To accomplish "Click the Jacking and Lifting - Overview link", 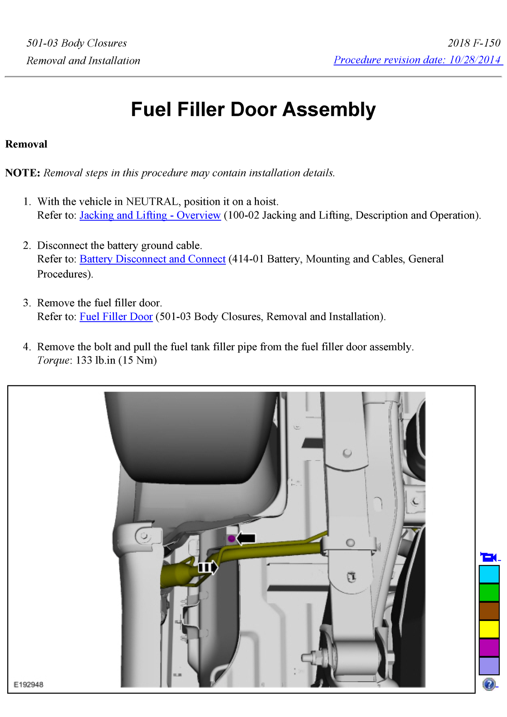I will tap(150, 215).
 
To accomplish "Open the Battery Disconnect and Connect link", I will tap(152, 259).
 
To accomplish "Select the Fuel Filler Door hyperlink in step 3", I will tap(116, 317).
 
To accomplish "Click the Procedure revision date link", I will tap(418, 60).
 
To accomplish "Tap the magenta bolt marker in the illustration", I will tap(231, 538).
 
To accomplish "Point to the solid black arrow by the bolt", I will tap(246, 538).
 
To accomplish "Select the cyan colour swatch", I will tap(489, 574).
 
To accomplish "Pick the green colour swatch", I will tap(489, 593).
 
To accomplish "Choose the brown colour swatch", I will tap(489, 611).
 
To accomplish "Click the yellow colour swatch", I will tap(489, 629).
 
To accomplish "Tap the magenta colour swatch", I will tap(489, 647).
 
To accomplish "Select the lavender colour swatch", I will tap(489, 666).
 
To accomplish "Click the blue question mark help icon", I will tap(489, 684).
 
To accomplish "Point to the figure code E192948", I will tap(28, 685).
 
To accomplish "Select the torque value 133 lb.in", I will tap(95, 360).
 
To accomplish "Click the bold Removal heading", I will tap(26, 144).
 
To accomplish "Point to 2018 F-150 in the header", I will tap(474, 43).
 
